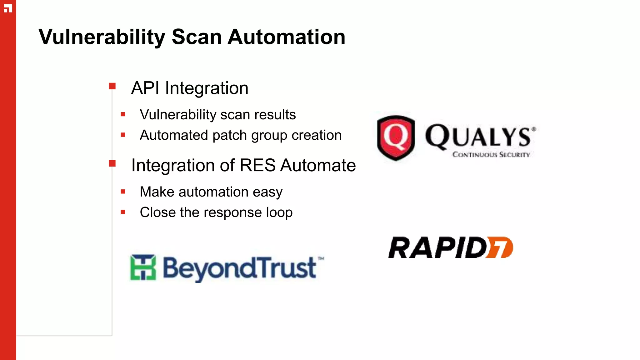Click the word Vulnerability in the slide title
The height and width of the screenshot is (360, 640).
(x=102, y=37)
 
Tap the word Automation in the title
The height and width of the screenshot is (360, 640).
(x=286, y=37)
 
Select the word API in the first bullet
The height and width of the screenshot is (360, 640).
(x=145, y=88)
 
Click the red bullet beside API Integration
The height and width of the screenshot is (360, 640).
(x=112, y=86)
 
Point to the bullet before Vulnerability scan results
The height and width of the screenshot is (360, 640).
(x=123, y=114)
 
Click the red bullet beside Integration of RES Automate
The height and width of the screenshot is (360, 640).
(x=112, y=163)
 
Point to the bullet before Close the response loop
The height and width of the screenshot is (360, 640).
(x=123, y=212)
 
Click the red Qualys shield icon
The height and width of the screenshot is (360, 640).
(x=396, y=137)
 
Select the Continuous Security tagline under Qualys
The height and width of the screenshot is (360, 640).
(x=491, y=155)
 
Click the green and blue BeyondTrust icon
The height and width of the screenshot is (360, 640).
(x=143, y=267)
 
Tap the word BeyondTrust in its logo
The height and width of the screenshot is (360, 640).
(x=240, y=268)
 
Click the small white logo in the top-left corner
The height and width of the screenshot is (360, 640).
(x=8, y=8)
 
